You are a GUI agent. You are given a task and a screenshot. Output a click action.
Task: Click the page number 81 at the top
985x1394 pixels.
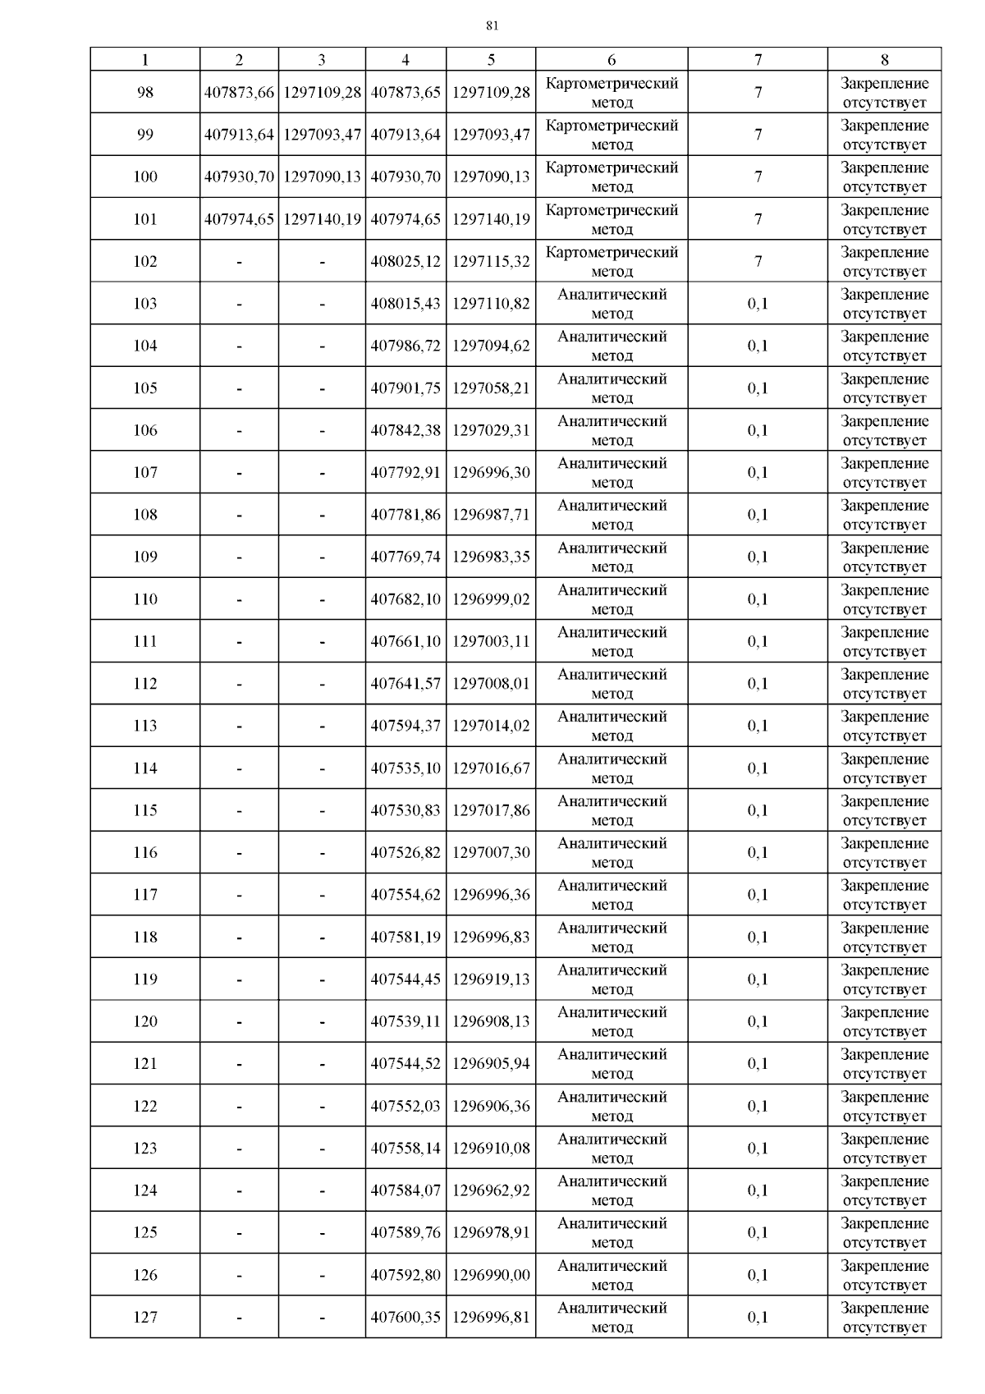(492, 25)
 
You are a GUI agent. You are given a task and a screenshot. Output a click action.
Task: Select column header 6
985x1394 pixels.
(612, 59)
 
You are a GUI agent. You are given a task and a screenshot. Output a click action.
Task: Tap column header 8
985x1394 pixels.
(884, 59)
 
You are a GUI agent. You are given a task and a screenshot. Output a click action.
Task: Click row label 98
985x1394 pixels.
(145, 93)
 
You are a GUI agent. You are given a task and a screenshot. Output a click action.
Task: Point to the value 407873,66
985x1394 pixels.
(239, 93)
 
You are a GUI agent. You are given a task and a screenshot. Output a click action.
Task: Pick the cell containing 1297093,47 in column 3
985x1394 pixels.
(322, 135)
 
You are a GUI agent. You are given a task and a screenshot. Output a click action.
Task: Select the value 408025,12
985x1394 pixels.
(405, 262)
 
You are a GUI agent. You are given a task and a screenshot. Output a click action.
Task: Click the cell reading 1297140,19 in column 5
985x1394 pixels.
(491, 219)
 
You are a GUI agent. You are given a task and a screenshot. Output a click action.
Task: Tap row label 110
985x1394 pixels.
(145, 599)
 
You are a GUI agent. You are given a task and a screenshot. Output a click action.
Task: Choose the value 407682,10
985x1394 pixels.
(405, 599)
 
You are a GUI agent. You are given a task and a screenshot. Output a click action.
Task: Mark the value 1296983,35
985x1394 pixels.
(491, 557)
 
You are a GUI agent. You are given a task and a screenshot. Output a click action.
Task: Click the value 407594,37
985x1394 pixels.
(405, 726)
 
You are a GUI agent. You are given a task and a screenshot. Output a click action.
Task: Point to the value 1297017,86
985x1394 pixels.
(491, 810)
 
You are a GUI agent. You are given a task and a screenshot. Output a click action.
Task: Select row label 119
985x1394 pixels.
(145, 979)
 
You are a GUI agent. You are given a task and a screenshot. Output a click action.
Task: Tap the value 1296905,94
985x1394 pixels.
(491, 1064)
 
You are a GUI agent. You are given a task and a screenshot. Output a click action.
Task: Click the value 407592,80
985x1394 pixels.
(405, 1275)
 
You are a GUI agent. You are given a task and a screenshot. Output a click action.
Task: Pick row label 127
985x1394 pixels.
(145, 1318)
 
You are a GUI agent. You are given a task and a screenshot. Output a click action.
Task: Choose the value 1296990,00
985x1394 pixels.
(491, 1275)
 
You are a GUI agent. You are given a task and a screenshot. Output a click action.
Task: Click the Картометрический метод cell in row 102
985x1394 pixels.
(612, 262)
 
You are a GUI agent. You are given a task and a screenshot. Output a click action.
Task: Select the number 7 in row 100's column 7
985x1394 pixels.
(758, 177)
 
